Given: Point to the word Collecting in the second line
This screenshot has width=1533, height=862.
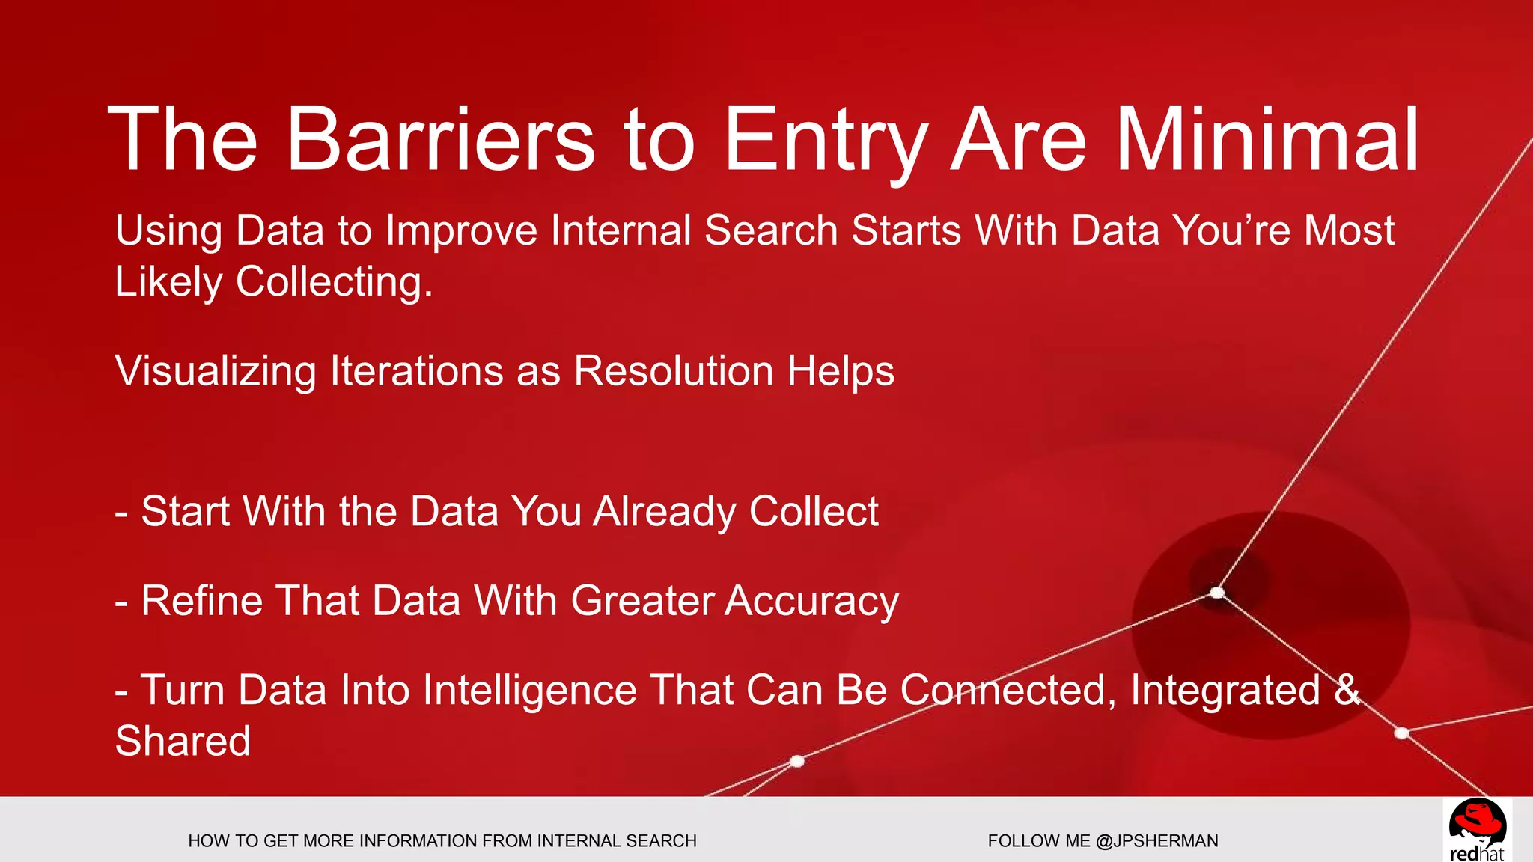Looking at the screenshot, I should pyautogui.click(x=334, y=283).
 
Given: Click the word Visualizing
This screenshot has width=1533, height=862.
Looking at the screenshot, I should pyautogui.click(x=216, y=372).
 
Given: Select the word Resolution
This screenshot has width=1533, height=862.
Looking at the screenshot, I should pyautogui.click(x=673, y=370).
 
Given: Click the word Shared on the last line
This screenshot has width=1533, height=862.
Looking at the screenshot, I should pyautogui.click(x=183, y=741).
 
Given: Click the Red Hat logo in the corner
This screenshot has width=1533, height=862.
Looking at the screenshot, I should pyautogui.click(x=1476, y=830).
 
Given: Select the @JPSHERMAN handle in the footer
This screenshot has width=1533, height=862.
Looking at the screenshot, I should pyautogui.click(x=1156, y=841).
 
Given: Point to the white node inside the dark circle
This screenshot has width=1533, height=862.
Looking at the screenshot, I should pyautogui.click(x=1217, y=593).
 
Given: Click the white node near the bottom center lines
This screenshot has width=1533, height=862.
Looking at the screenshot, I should pyautogui.click(x=797, y=761).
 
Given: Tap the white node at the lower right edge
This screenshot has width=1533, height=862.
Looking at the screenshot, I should pyautogui.click(x=1402, y=733).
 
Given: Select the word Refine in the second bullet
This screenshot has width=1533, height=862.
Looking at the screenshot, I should pyautogui.click(x=201, y=601).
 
